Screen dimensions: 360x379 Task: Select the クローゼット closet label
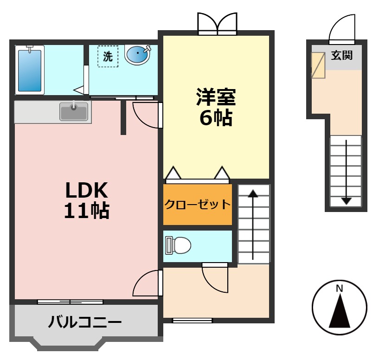(198, 204)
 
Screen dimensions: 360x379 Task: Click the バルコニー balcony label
(85, 321)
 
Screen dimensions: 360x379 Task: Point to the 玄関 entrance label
(342, 56)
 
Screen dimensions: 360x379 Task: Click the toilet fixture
(178, 245)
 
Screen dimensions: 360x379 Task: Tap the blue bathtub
(30, 70)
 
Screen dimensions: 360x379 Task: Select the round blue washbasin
(138, 55)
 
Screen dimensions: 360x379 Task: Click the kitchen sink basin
(74, 112)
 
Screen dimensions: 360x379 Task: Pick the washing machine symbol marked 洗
(108, 57)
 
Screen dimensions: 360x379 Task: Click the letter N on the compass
(340, 289)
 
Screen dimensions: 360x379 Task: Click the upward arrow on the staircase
(253, 223)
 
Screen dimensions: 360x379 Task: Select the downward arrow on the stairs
(346, 172)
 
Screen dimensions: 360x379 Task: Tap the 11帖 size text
(86, 211)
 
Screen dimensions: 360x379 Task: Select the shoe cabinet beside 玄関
(318, 64)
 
